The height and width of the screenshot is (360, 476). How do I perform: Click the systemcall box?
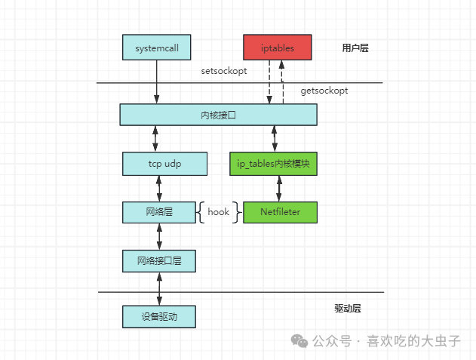coord(157,48)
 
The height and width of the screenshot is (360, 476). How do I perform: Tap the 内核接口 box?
coord(218,115)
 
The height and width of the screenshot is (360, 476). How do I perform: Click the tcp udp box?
coord(164,164)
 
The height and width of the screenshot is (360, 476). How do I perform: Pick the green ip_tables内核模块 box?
coord(273,164)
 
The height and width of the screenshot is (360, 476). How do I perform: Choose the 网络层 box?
coord(159,212)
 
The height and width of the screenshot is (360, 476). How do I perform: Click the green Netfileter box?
coord(279,212)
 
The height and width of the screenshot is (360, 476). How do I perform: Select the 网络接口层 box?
coord(159,261)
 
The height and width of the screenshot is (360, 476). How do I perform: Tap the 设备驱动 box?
coord(159,316)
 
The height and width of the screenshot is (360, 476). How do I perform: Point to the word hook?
coord(218,212)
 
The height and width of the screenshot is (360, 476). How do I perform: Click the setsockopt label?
coord(224,71)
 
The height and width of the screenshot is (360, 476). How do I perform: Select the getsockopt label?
coord(324,91)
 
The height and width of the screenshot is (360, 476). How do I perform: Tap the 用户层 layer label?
coord(355,48)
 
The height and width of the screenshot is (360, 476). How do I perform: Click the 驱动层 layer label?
coord(348,309)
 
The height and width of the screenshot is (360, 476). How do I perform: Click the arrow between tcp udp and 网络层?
coord(159,188)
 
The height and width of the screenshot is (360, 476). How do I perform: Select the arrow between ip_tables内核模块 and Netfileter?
coord(279,188)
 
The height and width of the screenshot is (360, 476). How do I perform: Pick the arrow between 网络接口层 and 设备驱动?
coord(159,288)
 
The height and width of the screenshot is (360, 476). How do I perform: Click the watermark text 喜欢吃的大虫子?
coord(413,341)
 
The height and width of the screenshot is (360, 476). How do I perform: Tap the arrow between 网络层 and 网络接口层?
coord(159,237)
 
